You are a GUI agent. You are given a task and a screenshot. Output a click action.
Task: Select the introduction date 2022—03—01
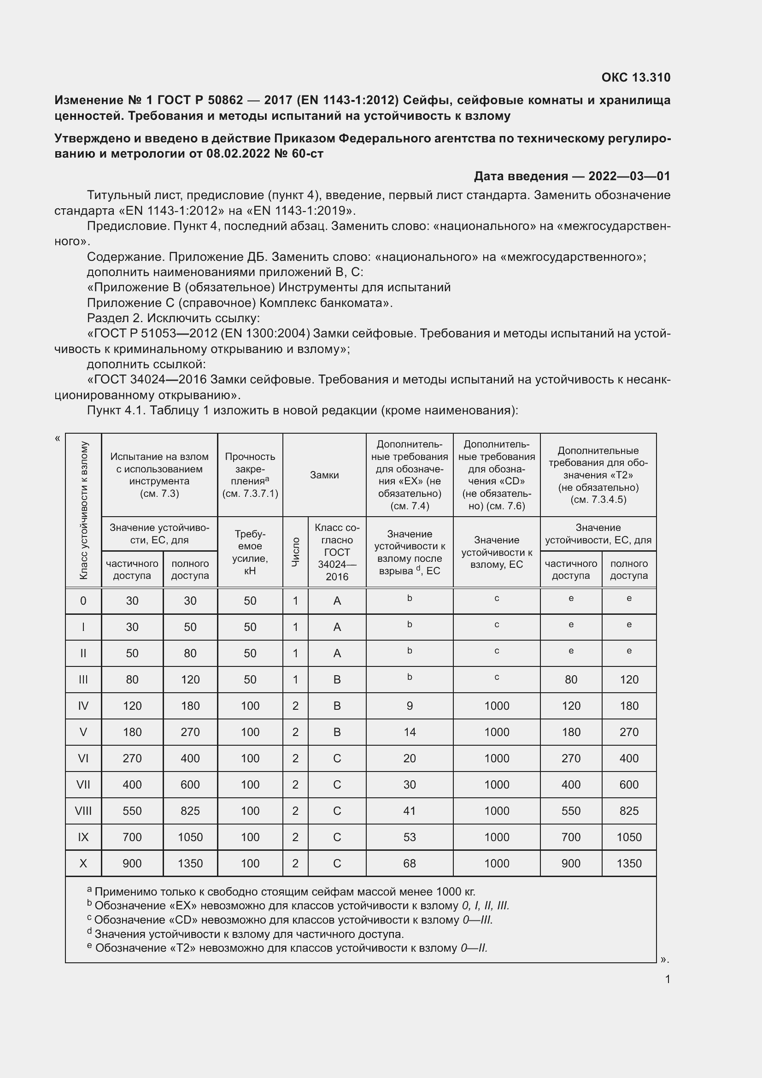pyautogui.click(x=629, y=176)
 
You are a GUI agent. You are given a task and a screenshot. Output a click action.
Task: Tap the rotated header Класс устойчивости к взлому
pyautogui.click(x=83, y=510)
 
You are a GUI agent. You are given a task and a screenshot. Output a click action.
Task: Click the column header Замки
pyautogui.click(x=324, y=475)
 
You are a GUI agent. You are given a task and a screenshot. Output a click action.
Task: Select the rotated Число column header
pyautogui.click(x=295, y=552)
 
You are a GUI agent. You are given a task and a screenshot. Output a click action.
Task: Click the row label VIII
pyautogui.click(x=83, y=811)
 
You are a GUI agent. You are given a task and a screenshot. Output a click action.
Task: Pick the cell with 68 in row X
pyautogui.click(x=409, y=863)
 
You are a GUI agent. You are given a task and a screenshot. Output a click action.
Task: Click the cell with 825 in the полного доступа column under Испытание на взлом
pyautogui.click(x=190, y=811)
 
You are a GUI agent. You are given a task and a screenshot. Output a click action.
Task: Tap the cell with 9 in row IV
pyautogui.click(x=409, y=706)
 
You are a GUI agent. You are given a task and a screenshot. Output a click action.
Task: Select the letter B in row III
pyautogui.click(x=336, y=679)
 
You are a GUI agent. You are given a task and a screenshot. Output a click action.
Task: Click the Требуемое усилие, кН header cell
pyautogui.click(x=250, y=552)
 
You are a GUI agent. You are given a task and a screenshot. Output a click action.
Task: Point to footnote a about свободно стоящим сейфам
pyautogui.click(x=281, y=891)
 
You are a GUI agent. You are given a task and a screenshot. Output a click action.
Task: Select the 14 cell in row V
pyautogui.click(x=409, y=732)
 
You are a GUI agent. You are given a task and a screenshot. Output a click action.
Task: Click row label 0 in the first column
pyautogui.click(x=83, y=601)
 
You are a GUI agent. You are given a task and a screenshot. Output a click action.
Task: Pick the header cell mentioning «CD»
pyautogui.click(x=497, y=475)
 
